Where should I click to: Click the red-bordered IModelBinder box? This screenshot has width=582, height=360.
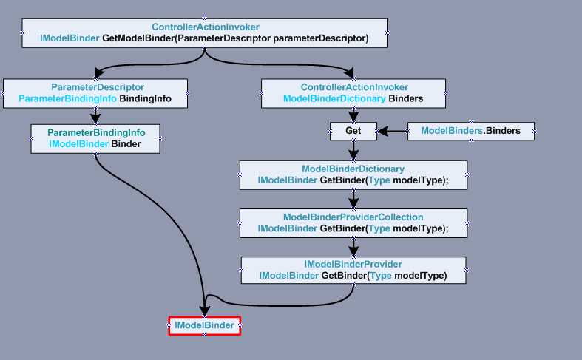pyautogui.click(x=204, y=325)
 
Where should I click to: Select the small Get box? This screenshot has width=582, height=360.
pyautogui.click(x=353, y=131)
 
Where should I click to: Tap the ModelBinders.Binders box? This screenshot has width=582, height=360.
pyautogui.click(x=470, y=131)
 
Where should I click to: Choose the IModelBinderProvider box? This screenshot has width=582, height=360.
pyautogui.click(x=353, y=270)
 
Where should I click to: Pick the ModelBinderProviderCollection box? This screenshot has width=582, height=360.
pyautogui.click(x=353, y=223)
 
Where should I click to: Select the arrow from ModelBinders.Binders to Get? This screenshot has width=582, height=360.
pyautogui.click(x=392, y=132)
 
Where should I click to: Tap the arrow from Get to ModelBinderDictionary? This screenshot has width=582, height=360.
pyautogui.click(x=353, y=150)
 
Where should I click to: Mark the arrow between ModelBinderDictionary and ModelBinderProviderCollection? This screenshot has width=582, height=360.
pyautogui.click(x=353, y=198)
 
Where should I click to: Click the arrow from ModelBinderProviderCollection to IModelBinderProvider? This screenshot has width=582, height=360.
pyautogui.click(x=353, y=246)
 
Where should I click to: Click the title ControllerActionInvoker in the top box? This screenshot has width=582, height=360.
pyautogui.click(x=206, y=27)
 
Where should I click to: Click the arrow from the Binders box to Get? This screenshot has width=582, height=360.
pyautogui.click(x=353, y=114)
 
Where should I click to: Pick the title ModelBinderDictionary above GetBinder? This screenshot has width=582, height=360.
pyautogui.click(x=353, y=169)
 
